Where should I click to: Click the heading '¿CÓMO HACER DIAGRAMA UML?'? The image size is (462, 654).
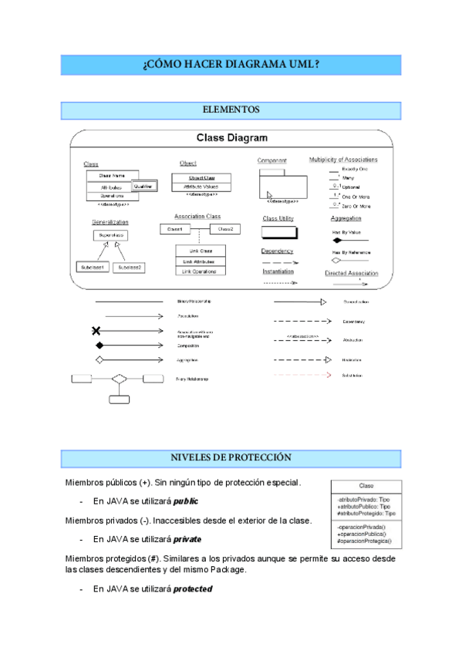point(231,65)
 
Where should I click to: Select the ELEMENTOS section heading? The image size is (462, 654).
point(231,110)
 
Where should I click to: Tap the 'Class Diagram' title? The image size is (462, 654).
point(231,139)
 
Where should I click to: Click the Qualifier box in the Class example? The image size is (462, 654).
point(143,186)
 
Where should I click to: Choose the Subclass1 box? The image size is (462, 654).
point(93,268)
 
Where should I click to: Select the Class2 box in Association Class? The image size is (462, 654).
point(224,229)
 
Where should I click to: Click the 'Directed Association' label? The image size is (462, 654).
point(350,274)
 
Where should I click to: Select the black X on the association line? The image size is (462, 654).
point(96,331)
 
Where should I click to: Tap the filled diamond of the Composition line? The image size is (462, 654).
point(99,346)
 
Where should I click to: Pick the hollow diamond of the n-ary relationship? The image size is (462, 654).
point(118,379)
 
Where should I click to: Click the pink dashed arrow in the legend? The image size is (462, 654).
point(301,376)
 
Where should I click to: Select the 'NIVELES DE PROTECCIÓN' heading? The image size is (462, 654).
point(231,458)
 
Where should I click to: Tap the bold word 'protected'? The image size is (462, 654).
point(192,589)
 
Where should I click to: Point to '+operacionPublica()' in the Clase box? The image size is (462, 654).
point(363,534)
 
